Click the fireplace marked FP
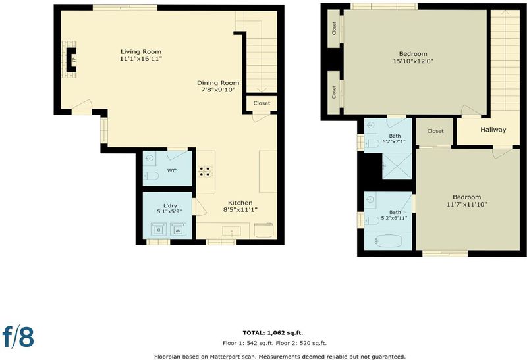click(x=71, y=60)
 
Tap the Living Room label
click(x=141, y=52)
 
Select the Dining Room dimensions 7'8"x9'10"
click(x=218, y=90)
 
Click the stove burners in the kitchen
click(x=206, y=171)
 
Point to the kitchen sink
click(x=232, y=231)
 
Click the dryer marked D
click(x=159, y=230)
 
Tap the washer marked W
click(x=178, y=230)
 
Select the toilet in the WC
click(x=151, y=176)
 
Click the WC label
click(x=172, y=170)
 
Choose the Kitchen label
click(x=240, y=203)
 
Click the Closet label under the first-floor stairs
click(x=262, y=103)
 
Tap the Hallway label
click(x=493, y=129)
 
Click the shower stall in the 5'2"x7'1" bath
click(x=397, y=166)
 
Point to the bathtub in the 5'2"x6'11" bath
click(x=389, y=241)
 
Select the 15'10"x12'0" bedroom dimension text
click(x=413, y=61)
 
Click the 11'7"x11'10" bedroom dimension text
click(x=466, y=204)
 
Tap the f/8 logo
click(x=18, y=336)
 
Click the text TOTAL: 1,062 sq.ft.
click(x=273, y=333)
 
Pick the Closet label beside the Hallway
click(x=435, y=131)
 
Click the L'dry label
click(x=170, y=206)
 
